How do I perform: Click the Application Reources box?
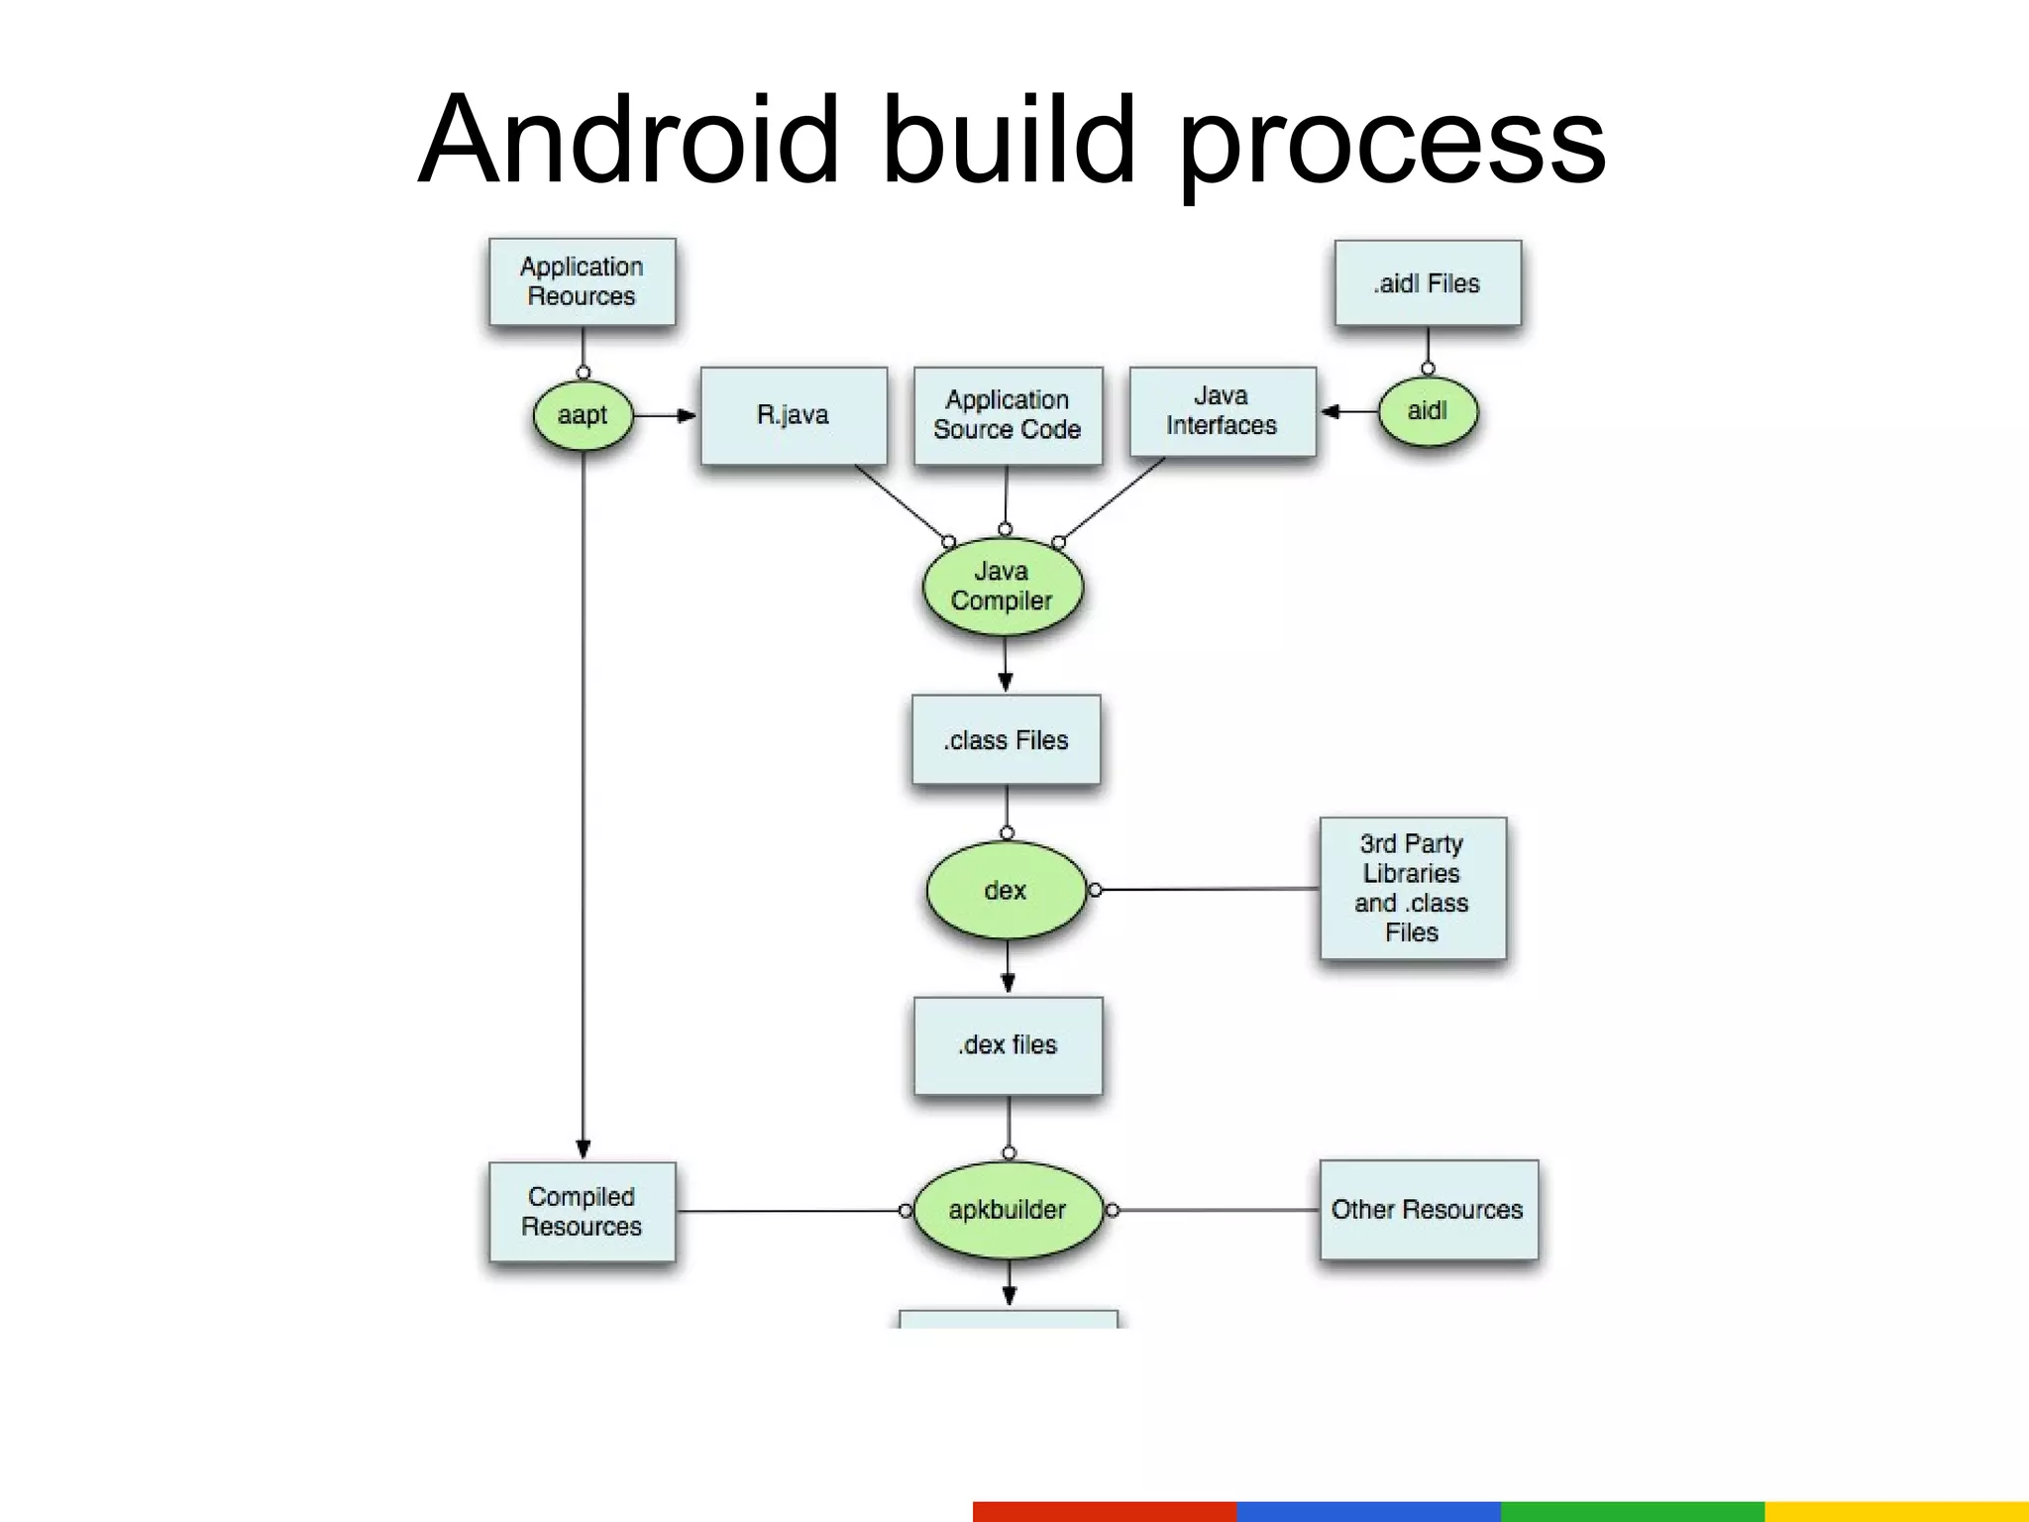[582, 281]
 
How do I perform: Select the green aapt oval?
[583, 415]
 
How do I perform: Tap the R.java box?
[794, 415]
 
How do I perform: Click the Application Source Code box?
[1007, 415]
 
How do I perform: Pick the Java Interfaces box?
[1222, 411]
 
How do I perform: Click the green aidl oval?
[1427, 411]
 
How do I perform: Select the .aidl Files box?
[1427, 283]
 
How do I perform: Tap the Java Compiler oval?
[1002, 587]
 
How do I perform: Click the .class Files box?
[1006, 740]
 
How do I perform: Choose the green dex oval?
[1006, 890]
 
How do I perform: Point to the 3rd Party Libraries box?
[1412, 888]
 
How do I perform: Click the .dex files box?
[1008, 1045]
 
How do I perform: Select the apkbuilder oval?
[1008, 1210]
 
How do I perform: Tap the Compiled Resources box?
[582, 1211]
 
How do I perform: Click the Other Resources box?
[1428, 1210]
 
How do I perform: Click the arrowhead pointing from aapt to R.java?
[687, 416]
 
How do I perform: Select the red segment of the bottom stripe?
[1104, 1511]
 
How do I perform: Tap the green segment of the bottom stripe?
[1632, 1511]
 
